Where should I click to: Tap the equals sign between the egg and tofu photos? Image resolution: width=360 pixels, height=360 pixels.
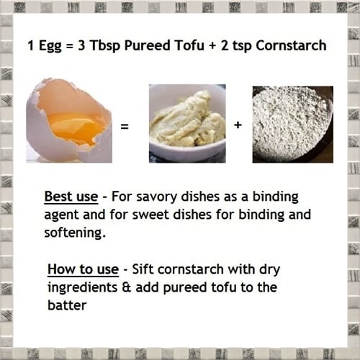point(124,126)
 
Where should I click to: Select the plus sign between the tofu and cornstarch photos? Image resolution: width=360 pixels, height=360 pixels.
point(238,126)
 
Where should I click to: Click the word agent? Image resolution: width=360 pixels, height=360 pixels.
point(60,215)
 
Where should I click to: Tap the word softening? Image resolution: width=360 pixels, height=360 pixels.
point(73,233)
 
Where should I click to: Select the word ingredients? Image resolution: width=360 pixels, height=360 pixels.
point(82,288)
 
